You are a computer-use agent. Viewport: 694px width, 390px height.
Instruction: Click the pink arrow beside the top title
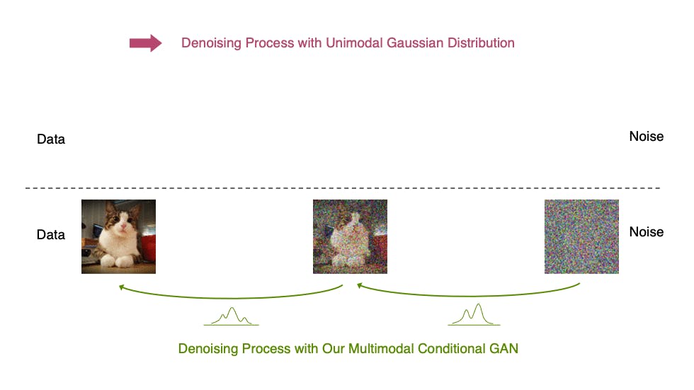pos(145,43)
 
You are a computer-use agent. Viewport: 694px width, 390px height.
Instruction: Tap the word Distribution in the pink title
pos(482,43)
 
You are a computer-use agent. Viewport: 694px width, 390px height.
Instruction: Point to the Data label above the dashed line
pos(51,139)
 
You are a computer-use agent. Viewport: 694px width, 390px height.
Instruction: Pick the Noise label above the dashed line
pos(646,137)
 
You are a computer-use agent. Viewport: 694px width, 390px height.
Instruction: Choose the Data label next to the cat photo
pos(51,234)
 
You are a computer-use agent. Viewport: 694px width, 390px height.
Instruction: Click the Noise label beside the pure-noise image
pos(646,232)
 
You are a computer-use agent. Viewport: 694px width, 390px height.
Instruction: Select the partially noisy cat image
pos(350,236)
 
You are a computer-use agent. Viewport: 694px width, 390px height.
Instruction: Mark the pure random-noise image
pos(581,236)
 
